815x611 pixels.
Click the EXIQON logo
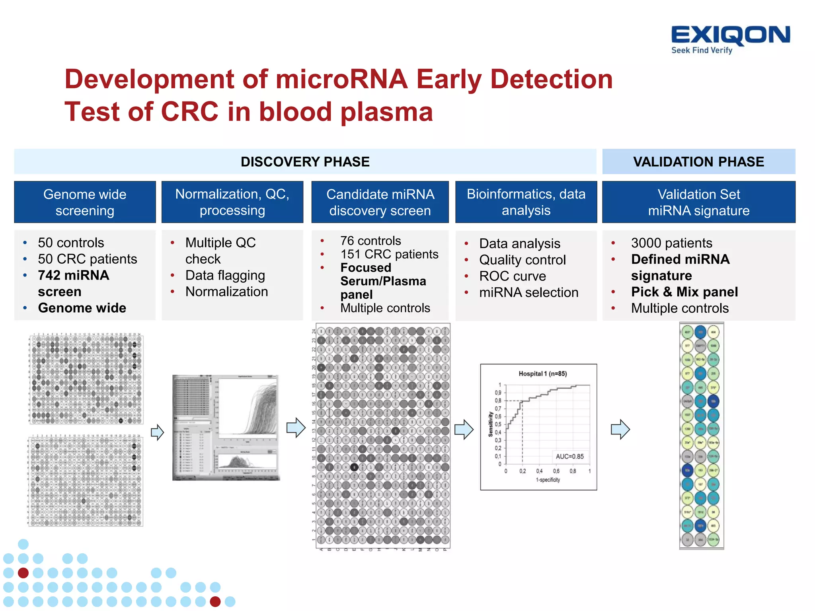pos(730,39)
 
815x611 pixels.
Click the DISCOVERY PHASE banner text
pos(305,162)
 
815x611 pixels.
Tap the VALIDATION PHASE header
pos(698,162)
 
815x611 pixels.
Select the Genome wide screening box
pos(85,202)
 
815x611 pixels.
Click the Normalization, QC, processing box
pos(232,202)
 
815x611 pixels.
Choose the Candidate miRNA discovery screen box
pos(380,202)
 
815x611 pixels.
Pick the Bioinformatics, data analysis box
pos(526,202)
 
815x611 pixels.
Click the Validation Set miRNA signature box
pos(698,202)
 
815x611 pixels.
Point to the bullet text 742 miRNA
pos(73,275)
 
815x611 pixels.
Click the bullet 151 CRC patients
pos(389,254)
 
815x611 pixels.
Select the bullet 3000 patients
pos(671,243)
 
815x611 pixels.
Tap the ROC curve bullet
pos(512,276)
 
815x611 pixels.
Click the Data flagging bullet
pos(225,275)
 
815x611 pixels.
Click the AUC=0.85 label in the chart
pos(569,456)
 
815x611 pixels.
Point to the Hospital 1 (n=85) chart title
pos(542,374)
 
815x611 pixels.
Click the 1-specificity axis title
pos(548,480)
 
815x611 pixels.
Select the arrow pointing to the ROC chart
pos(464,429)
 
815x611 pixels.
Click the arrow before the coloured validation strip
pos(620,429)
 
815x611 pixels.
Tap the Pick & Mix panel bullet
pos(684,292)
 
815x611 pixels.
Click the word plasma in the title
pos(386,112)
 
